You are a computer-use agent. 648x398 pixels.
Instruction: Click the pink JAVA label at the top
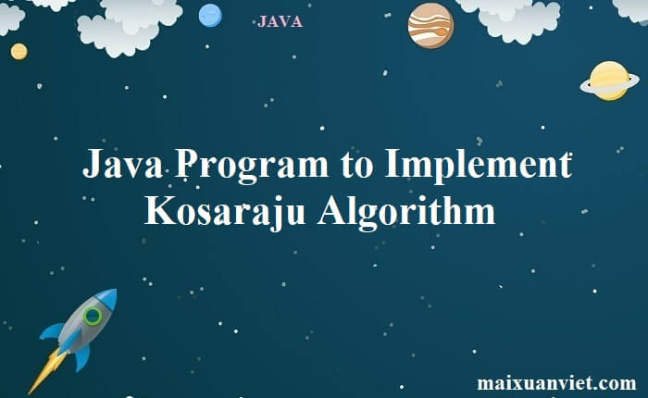[x=280, y=21]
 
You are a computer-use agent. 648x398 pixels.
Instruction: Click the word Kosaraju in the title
[x=225, y=212]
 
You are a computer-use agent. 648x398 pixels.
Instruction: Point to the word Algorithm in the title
[x=406, y=212]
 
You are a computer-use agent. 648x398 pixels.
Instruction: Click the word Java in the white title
[x=122, y=164]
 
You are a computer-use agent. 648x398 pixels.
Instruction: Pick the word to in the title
[x=357, y=167]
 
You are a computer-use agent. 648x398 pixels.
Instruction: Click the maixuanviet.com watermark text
[x=556, y=382]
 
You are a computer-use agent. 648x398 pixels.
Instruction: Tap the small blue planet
[x=210, y=16]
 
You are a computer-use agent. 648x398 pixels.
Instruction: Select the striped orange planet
[x=430, y=26]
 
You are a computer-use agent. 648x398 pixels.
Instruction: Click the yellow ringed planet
[x=609, y=81]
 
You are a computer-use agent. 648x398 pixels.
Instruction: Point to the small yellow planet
[x=19, y=52]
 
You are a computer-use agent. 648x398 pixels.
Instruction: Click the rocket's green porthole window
[x=93, y=317]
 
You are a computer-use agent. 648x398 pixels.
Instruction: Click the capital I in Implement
[x=393, y=164]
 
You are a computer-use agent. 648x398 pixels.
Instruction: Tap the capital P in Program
[x=187, y=164]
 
